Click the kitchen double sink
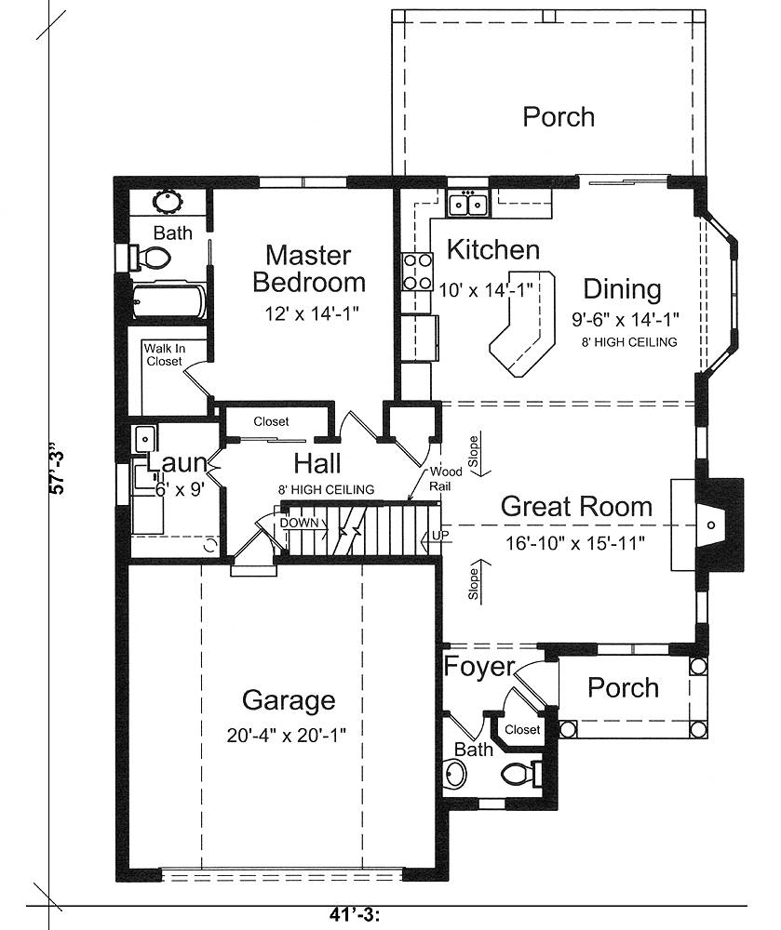coord(468,205)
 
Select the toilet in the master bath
coord(151,258)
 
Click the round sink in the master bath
coord(168,201)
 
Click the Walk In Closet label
coord(164,354)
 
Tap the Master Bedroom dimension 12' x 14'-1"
coord(312,312)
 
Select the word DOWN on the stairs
coord(299,523)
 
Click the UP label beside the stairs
coord(440,535)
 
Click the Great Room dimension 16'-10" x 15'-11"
coord(575,542)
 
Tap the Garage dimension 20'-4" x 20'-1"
coord(286,736)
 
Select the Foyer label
coord(478,667)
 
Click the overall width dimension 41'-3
coord(355,915)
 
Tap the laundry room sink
coord(144,439)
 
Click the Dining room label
coord(622,289)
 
